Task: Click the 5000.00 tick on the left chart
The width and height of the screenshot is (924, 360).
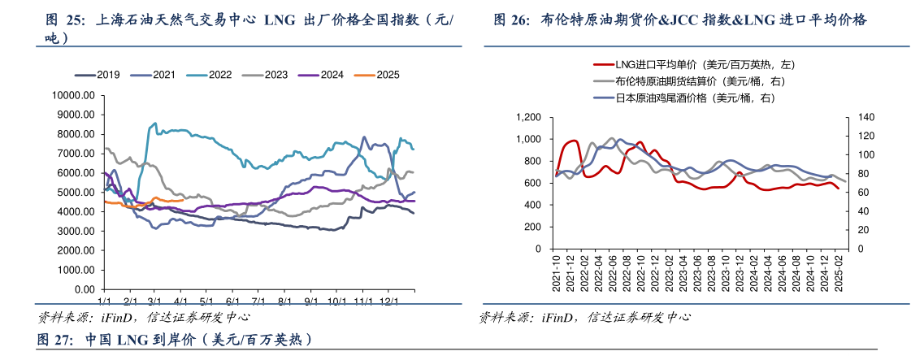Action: point(76,193)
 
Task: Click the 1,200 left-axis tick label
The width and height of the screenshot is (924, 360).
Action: point(528,118)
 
